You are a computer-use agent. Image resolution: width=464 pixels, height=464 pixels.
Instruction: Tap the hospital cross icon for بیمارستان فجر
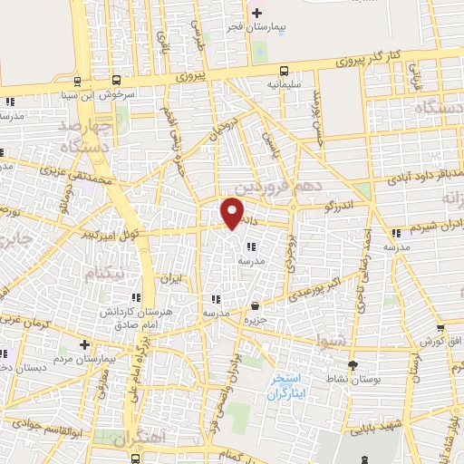coord(256,13)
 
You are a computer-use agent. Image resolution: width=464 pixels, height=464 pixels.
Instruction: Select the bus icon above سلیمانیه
coord(285,71)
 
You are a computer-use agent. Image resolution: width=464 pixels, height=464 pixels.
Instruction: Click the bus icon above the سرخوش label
coord(77,80)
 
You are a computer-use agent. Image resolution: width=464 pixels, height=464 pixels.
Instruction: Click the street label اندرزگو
coord(342,206)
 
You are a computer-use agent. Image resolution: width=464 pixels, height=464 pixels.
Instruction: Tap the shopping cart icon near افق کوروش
coord(440,328)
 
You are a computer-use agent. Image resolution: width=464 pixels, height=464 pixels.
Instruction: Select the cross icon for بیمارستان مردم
coord(83,345)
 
